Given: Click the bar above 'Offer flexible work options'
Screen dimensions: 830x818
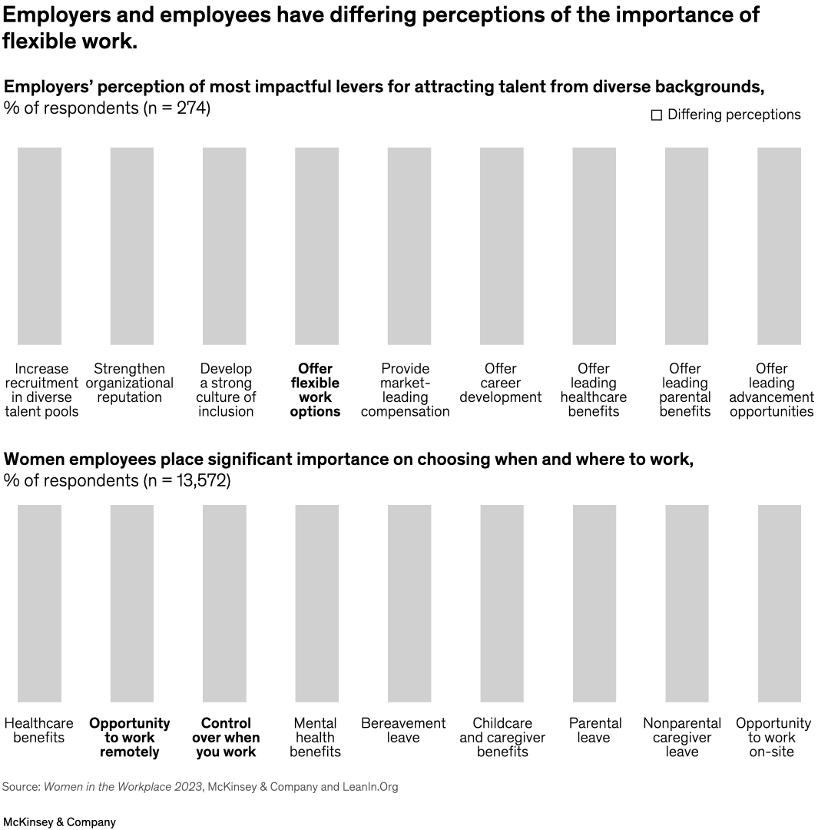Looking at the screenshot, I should coord(316,246).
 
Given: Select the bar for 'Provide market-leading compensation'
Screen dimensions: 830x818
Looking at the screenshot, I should coord(409,246).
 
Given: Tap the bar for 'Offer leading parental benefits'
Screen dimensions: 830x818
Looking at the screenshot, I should coord(686,246).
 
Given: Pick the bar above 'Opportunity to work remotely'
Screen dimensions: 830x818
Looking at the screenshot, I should coord(131,603).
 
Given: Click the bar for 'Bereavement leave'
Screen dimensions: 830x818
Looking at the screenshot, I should coord(409,603).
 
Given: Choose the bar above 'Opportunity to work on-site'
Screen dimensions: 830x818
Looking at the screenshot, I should coord(779,603).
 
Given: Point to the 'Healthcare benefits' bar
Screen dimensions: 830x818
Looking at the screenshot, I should coord(39,603).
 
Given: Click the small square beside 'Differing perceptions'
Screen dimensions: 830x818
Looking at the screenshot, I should coord(657,115).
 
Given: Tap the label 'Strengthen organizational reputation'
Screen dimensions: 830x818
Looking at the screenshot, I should coord(130,383).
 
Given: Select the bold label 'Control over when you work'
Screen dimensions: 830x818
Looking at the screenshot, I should coord(226,738).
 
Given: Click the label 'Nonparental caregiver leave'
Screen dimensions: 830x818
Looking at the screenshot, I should coord(682,738).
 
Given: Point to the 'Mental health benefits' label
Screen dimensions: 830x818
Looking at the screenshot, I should coord(315,738).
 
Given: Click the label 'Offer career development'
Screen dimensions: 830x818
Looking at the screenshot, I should coord(501,383).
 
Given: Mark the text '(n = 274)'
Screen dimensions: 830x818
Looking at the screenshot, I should coord(177,108).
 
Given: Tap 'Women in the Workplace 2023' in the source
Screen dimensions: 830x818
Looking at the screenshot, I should coord(121,787).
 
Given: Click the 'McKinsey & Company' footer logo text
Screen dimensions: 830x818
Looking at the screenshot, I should coord(59,822).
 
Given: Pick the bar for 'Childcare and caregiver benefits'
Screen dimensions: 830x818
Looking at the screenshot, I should coord(502,603).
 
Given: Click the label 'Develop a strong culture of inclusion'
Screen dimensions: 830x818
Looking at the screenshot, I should coord(226,390).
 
